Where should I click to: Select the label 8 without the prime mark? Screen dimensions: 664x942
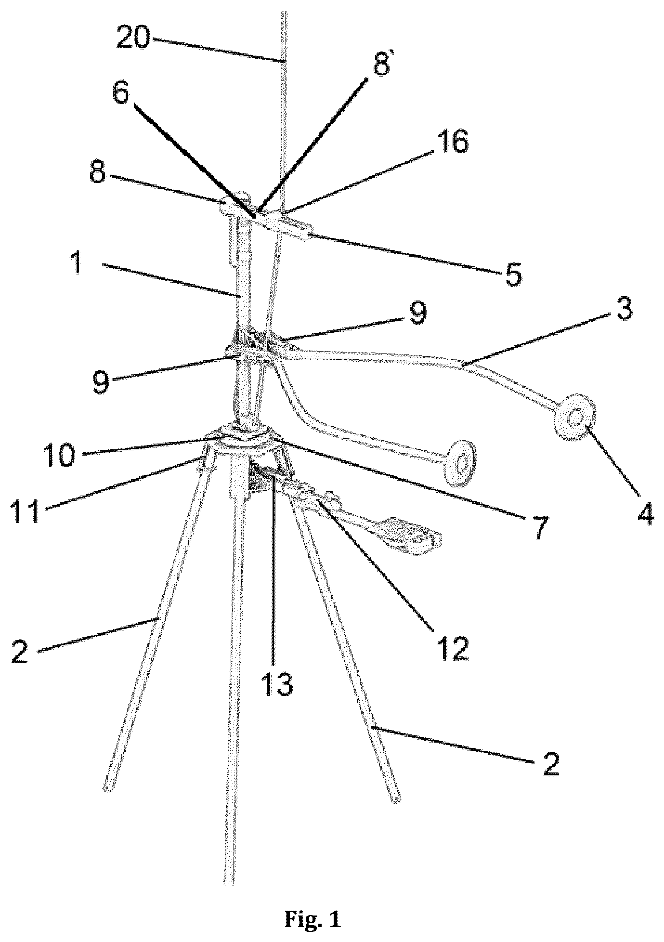click(98, 172)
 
